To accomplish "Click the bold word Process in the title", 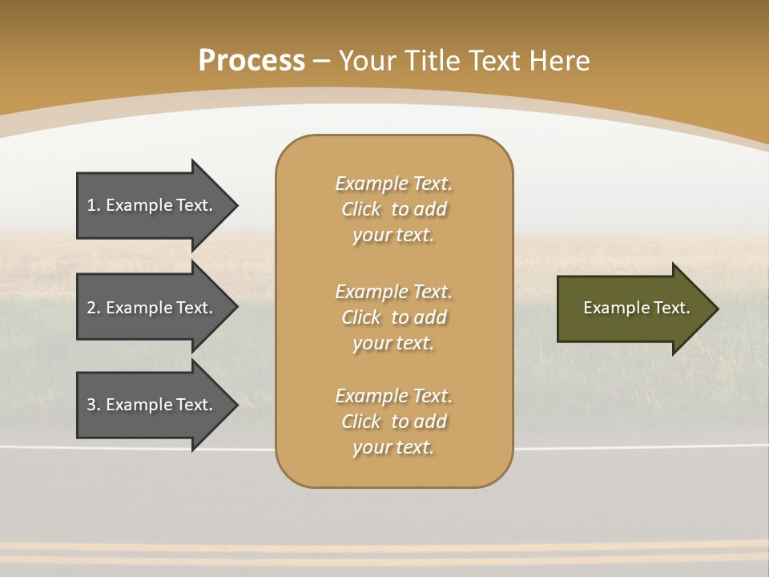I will [252, 61].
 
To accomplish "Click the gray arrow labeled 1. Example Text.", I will [152, 205].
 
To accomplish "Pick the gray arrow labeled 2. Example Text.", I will [152, 308].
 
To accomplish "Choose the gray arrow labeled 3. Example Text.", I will [152, 405].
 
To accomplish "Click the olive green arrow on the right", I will [633, 309].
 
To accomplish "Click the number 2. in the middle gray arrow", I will [94, 308].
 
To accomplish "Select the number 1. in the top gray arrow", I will [94, 205].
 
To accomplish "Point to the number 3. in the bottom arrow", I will [94, 405].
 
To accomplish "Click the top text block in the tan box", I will [393, 209].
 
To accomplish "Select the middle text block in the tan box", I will [393, 317].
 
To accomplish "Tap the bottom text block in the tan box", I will [393, 422].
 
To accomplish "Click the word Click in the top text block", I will [361, 209].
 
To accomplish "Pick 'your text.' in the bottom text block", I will [393, 447].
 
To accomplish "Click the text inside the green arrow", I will [636, 308].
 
